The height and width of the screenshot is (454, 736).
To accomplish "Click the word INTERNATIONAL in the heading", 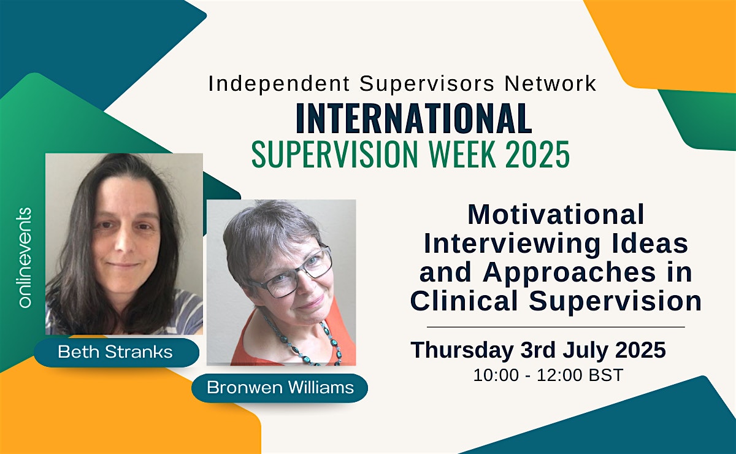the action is [414, 118].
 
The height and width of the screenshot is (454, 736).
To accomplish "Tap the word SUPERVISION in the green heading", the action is [334, 154].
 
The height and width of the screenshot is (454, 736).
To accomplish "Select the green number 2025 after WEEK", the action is [537, 154].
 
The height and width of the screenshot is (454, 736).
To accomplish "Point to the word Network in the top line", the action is [550, 83].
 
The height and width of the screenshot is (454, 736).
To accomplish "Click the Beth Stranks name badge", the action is [117, 352].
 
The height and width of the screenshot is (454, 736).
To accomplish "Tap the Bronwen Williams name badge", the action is [280, 388].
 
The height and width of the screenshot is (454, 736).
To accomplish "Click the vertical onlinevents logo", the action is [25, 258].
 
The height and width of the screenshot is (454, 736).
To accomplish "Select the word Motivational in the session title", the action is [556, 215].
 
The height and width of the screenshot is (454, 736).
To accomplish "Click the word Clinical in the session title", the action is [464, 301].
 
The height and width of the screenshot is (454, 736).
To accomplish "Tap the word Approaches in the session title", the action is [569, 273].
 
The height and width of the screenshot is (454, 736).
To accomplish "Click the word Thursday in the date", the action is [462, 350].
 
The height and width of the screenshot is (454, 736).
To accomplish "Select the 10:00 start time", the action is [496, 375].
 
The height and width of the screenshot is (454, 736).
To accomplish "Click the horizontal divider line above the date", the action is [556, 328].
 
